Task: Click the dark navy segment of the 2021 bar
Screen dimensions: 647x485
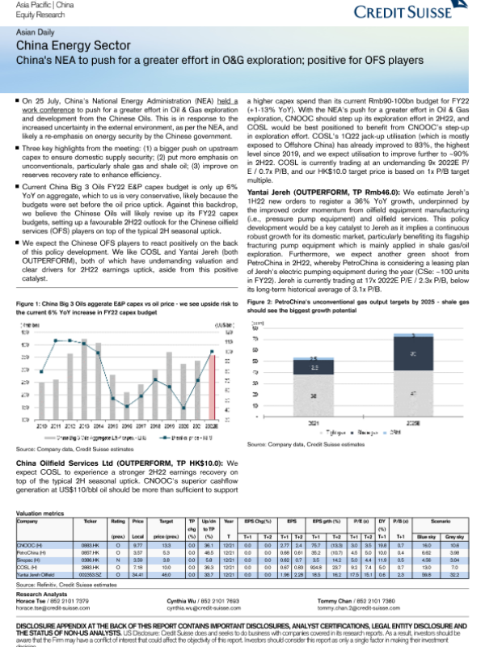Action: click(x=311, y=367)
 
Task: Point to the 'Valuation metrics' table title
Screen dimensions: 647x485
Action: click(x=40, y=514)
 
